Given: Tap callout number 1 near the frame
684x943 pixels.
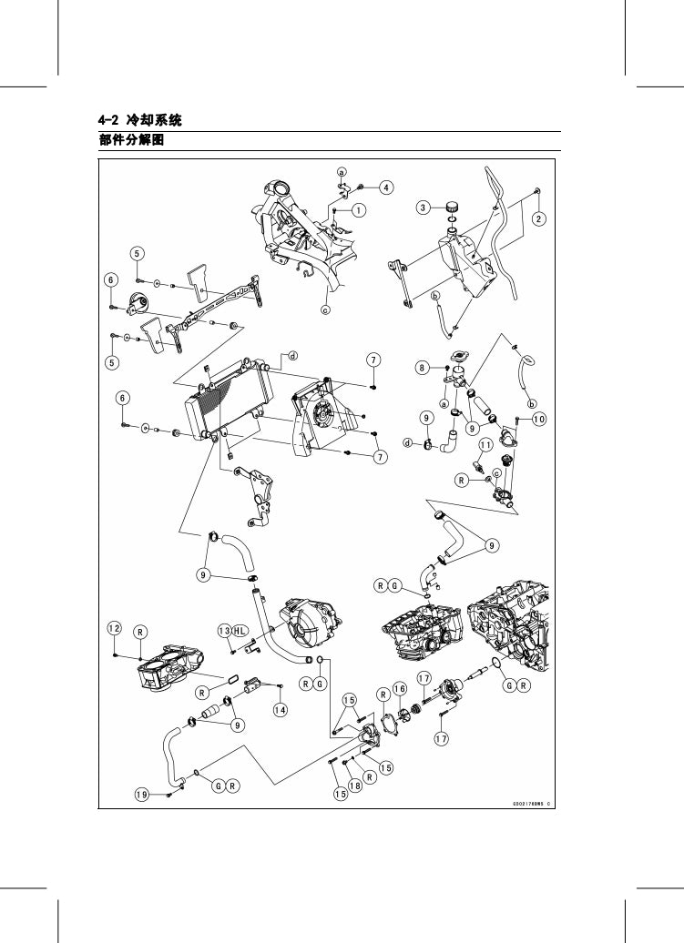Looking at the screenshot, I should click(x=359, y=209).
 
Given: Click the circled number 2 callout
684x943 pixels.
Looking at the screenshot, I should click(x=538, y=218).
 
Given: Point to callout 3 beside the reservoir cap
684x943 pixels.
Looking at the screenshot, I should click(x=424, y=208).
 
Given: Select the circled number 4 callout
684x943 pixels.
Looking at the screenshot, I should click(x=386, y=188).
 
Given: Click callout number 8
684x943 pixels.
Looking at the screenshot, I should click(x=422, y=368).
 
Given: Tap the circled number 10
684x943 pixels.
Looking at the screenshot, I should click(x=539, y=419).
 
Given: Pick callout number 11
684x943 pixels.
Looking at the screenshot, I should click(x=486, y=444).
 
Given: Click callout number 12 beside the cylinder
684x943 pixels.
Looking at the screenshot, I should click(x=114, y=629).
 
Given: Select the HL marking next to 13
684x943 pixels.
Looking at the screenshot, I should click(x=240, y=631).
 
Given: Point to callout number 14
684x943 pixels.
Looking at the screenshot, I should click(x=281, y=708).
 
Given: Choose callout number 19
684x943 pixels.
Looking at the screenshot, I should click(x=142, y=795).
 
